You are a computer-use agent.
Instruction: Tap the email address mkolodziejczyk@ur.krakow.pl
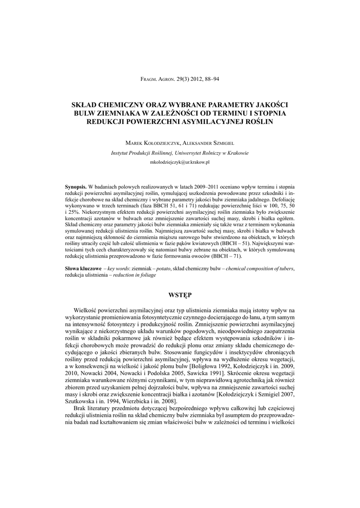[180, 162]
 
